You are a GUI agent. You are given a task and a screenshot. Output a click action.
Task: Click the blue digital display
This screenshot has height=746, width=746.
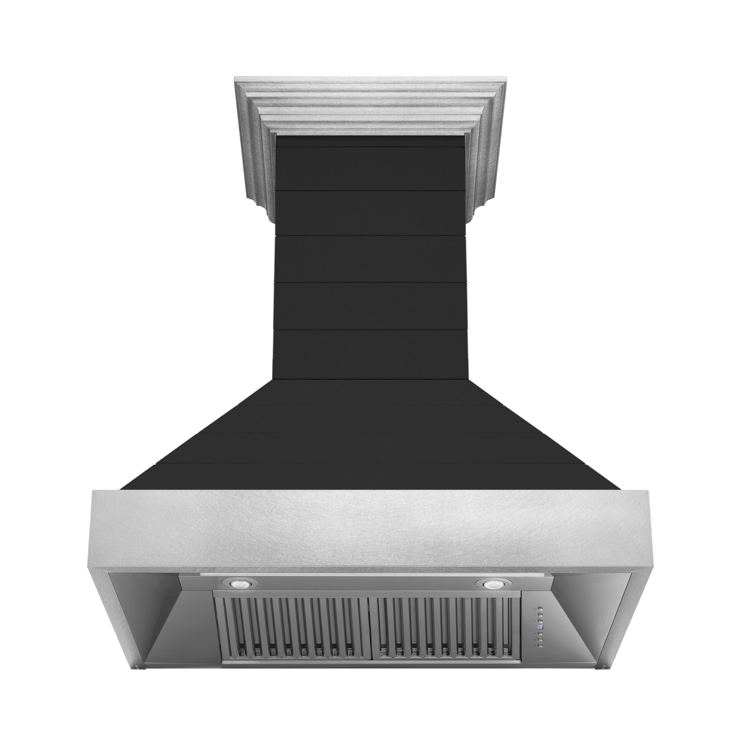[540, 627]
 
